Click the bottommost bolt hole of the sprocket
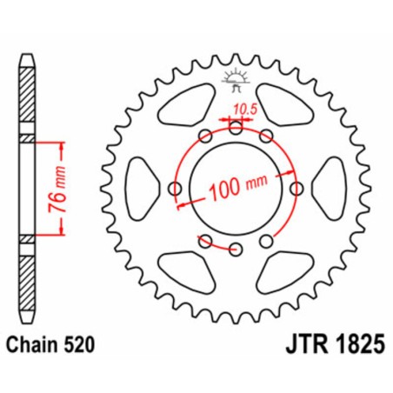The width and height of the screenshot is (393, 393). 236,250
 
